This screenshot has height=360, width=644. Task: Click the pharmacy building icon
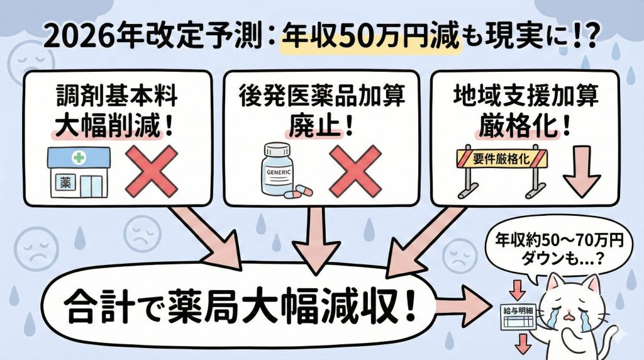(x=79, y=172)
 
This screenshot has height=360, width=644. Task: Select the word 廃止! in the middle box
(x=320, y=124)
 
